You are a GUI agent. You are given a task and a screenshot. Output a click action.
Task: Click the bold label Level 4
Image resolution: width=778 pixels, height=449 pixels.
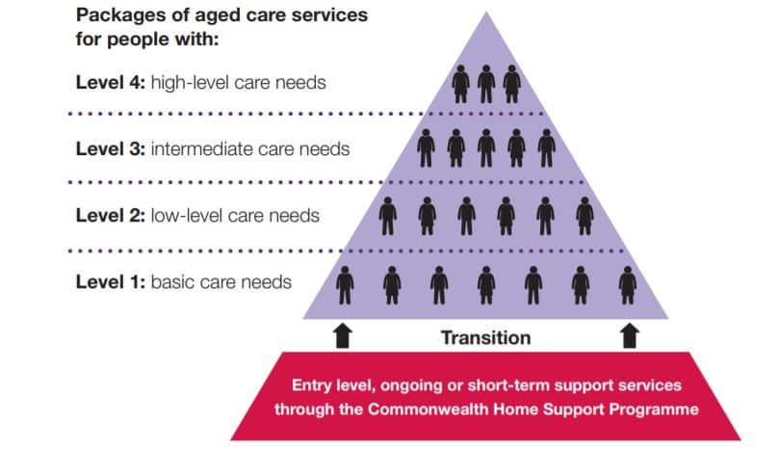[110, 83]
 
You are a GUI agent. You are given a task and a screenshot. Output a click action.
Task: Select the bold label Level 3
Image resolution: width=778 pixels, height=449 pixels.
[110, 149]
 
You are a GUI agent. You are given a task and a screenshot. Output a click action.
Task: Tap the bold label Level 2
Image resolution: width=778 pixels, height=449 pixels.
[110, 215]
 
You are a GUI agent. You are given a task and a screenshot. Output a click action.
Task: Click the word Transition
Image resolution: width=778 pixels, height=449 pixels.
[485, 337]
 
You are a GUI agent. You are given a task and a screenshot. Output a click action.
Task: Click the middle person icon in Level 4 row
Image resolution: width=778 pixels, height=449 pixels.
[486, 84]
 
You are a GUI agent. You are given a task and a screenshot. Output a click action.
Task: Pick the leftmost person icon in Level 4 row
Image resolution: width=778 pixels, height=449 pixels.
[461, 84]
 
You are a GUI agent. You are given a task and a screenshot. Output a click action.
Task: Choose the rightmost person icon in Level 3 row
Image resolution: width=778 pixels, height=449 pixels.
[546, 148]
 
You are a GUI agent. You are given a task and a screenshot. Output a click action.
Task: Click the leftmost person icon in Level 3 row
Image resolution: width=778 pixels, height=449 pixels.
[426, 148]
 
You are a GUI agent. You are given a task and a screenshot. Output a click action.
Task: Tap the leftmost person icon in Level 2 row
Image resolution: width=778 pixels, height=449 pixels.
[387, 215]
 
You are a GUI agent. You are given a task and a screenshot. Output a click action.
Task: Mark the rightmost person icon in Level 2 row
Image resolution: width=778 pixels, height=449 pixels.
[584, 215]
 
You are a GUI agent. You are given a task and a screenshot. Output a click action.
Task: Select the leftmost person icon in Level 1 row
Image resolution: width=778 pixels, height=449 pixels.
[345, 284]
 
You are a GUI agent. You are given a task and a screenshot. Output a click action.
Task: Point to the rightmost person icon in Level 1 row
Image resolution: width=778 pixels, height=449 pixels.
[628, 284]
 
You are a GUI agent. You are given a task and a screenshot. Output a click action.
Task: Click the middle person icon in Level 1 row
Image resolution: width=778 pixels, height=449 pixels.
[486, 284]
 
